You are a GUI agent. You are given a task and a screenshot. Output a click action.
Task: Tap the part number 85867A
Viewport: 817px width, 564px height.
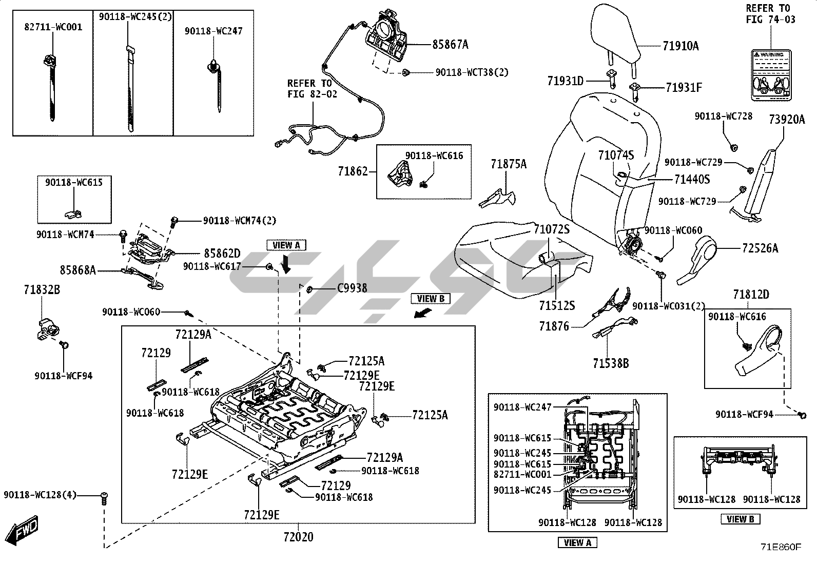[450, 45]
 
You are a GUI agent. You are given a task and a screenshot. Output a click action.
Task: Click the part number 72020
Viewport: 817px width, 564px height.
[298, 537]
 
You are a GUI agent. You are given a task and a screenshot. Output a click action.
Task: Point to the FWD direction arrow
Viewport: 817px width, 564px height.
[24, 529]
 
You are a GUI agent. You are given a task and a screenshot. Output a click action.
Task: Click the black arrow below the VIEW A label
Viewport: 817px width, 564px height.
[286, 263]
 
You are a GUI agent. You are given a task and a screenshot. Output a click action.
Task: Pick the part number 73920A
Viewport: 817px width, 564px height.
[787, 120]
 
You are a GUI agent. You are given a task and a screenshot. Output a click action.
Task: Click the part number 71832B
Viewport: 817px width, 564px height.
[42, 290]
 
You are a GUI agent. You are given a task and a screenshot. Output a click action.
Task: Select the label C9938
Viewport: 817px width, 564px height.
[352, 288]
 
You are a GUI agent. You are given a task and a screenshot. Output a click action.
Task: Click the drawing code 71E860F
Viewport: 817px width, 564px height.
[780, 547]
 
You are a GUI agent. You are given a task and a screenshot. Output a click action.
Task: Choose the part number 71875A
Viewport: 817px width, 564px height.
[509, 164]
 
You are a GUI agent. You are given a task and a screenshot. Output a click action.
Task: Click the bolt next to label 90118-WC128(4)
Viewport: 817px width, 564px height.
[104, 497]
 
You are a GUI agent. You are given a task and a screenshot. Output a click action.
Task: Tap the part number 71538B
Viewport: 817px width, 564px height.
[611, 363]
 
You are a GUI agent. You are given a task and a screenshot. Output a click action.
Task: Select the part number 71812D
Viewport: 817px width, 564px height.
[751, 295]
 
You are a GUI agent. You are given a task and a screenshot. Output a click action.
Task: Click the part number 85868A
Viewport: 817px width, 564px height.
[77, 269]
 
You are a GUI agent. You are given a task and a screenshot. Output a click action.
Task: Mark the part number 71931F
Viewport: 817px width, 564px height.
[684, 88]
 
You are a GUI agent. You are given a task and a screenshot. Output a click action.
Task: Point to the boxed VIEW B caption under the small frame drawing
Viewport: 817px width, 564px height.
[740, 519]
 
